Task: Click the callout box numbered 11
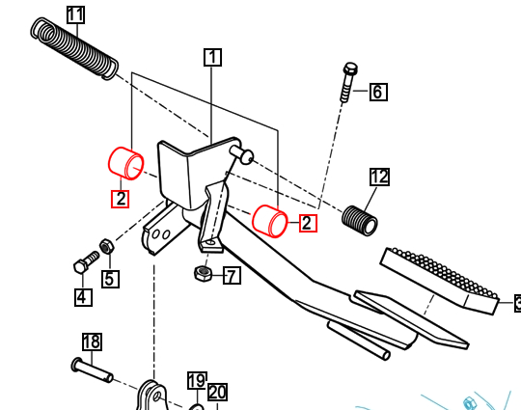pyautogui.click(x=75, y=14)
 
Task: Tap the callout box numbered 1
pyautogui.click(x=212, y=57)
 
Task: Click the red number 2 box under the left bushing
pyautogui.click(x=120, y=199)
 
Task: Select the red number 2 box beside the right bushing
pyautogui.click(x=307, y=224)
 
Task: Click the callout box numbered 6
pyautogui.click(x=377, y=93)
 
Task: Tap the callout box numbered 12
pyautogui.click(x=379, y=177)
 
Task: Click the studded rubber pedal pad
pyautogui.click(x=441, y=278)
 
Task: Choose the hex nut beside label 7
pyautogui.click(x=203, y=274)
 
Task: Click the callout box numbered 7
pyautogui.click(x=232, y=276)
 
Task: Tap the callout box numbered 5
pyautogui.click(x=110, y=279)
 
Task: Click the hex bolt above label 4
pyautogui.click(x=85, y=261)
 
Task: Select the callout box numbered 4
pyautogui.click(x=83, y=297)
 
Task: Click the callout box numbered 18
pyautogui.click(x=92, y=342)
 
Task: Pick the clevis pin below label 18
pyautogui.click(x=93, y=369)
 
